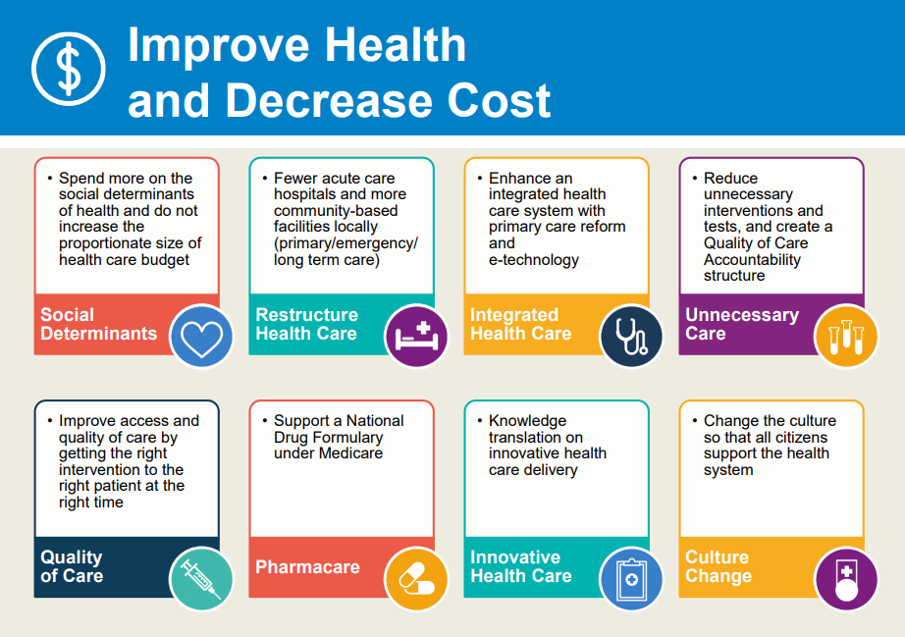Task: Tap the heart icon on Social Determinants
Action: point(202,337)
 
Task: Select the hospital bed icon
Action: point(416,337)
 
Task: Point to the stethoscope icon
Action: point(630,337)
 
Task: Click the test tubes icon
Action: point(846,337)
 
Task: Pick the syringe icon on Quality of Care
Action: point(202,579)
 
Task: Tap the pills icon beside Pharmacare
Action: point(416,579)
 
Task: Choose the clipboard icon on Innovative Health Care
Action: point(630,579)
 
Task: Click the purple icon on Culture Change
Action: point(846,579)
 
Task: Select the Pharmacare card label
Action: point(307,567)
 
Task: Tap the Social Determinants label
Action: point(98,324)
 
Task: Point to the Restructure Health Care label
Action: point(306,324)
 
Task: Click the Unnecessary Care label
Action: point(741,324)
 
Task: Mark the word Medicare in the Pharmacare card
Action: point(349,453)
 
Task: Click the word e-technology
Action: point(534,260)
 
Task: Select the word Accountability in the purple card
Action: point(752,260)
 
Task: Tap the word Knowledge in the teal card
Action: point(528,421)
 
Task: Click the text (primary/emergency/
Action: point(346,243)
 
